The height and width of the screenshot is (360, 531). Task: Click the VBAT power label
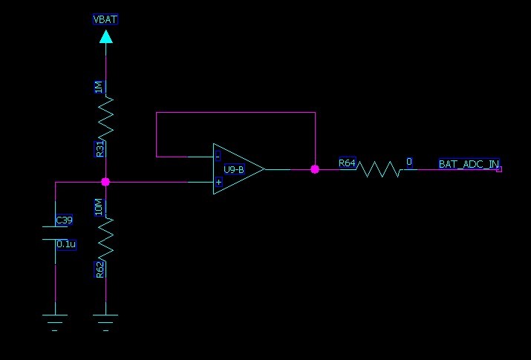(105, 19)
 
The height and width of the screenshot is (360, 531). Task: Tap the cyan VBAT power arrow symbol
(106, 36)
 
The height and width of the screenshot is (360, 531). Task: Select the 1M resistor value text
(99, 88)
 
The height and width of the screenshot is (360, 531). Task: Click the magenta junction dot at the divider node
(105, 181)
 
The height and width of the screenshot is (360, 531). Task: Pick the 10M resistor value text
(99, 207)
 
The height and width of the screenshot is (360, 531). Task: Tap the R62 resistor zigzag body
(106, 238)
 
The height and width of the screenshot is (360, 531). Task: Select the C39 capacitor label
(65, 220)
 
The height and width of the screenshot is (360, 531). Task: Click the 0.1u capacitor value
(66, 243)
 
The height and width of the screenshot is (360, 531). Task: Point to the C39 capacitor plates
(56, 233)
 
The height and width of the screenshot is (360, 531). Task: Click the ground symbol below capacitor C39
(55, 320)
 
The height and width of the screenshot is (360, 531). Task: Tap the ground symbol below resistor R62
(105, 320)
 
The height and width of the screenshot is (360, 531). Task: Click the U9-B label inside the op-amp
(233, 169)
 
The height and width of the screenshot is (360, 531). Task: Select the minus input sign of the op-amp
(218, 157)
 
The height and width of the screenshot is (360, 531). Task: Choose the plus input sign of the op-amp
(218, 181)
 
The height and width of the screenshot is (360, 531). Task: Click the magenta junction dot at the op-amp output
(315, 169)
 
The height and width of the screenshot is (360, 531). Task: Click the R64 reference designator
(347, 162)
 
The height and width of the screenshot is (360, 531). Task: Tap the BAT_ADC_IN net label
(468, 163)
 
